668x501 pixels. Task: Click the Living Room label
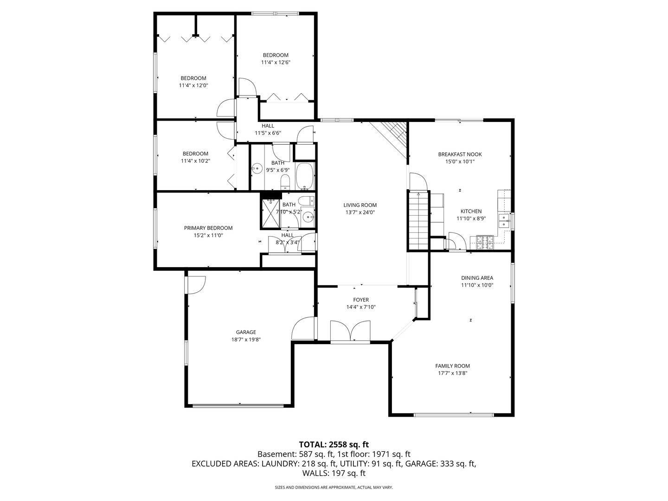click(x=360, y=205)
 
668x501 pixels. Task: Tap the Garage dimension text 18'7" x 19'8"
click(x=246, y=340)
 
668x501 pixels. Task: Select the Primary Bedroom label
click(x=208, y=228)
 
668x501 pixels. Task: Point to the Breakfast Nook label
click(x=460, y=154)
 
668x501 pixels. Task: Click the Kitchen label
click(x=471, y=211)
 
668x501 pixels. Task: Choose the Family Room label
click(x=453, y=366)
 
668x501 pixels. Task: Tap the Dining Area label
click(x=477, y=278)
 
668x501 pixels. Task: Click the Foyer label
click(x=361, y=300)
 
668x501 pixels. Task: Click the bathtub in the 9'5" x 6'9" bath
click(x=305, y=176)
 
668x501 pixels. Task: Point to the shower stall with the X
click(x=270, y=213)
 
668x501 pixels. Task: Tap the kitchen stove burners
click(x=485, y=243)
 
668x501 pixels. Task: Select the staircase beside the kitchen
click(x=419, y=220)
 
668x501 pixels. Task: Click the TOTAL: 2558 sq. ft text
click(x=334, y=444)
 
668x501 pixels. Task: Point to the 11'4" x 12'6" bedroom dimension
click(x=276, y=62)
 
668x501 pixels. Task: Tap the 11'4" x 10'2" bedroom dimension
click(x=195, y=161)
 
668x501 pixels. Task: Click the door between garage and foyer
click(x=303, y=328)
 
